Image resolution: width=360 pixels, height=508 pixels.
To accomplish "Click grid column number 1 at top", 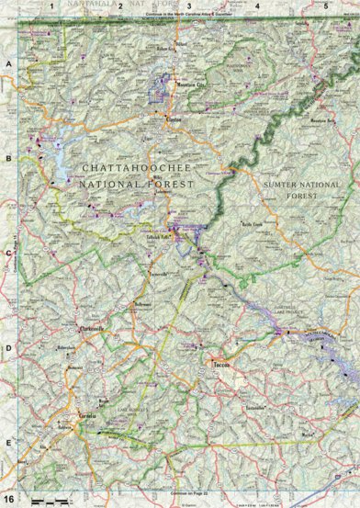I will pyautogui.click(x=53, y=6).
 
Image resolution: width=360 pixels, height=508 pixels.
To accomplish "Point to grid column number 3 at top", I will pyautogui.click(x=188, y=6).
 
